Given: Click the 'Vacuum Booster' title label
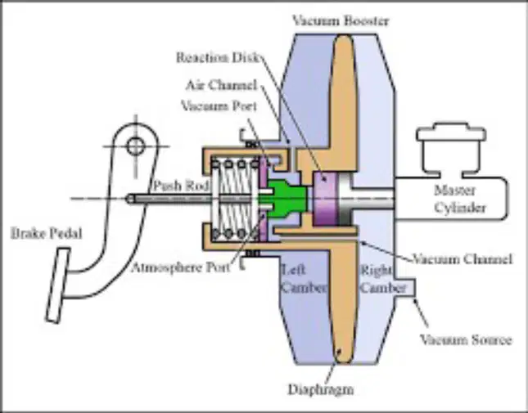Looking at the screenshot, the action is pos(341,20).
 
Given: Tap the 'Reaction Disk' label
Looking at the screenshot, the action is pos(218,57).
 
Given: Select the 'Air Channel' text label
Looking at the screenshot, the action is pos(222,85).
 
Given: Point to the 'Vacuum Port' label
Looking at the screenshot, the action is pos(219,106).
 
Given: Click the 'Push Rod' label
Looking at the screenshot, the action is pos(182,186).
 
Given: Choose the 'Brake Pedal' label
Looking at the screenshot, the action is pos(47,233).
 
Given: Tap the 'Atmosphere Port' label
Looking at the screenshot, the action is pos(180,267).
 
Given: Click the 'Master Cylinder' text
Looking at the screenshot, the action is pos(460,199).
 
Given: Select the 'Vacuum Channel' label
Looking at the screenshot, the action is pos(463,259).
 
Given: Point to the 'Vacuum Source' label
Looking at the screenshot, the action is pos(467,339).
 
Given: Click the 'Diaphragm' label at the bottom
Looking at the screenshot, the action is pos(321,390).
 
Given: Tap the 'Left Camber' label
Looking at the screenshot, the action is pos(304,279).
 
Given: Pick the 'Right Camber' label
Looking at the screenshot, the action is pos(383,279).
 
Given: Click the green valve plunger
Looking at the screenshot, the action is pos(287,199).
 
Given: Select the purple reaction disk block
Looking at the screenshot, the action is pos(325,199).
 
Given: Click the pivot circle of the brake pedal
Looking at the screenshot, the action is pos(136,146).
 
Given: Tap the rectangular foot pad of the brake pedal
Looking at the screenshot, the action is pos(58,285).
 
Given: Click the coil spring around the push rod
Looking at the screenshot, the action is pos(235,199).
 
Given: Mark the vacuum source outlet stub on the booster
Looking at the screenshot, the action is pos(405,288).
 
